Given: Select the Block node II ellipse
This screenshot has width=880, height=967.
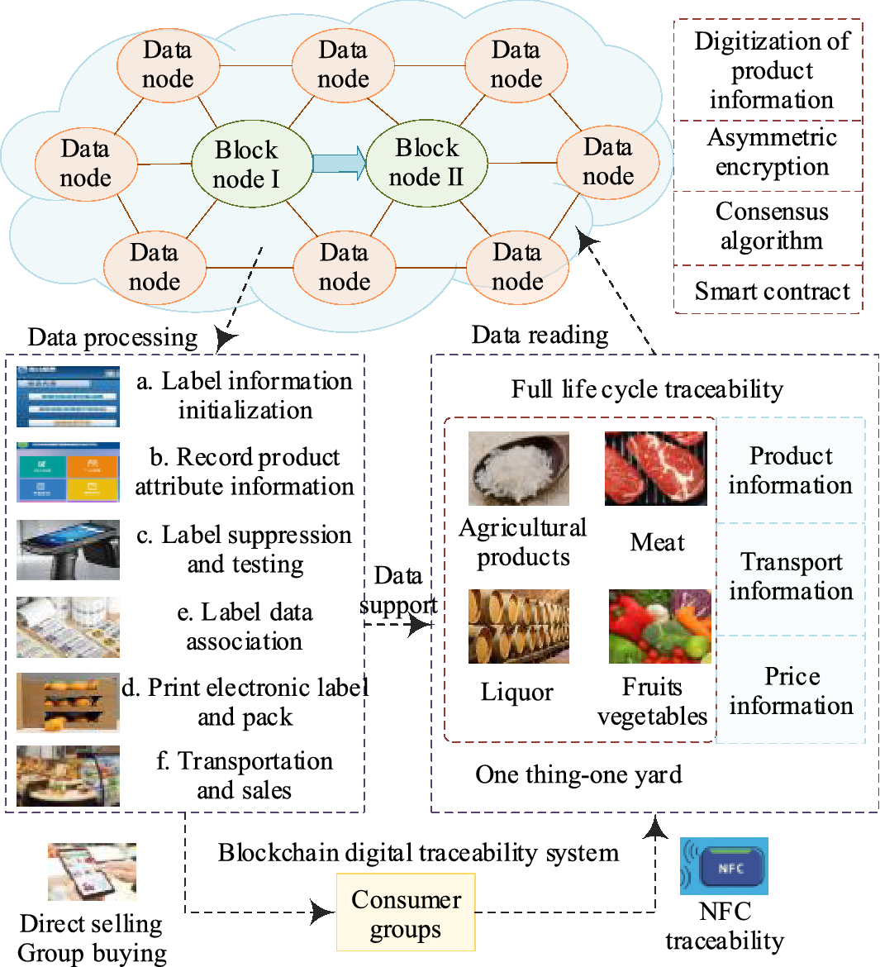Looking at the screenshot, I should coord(426,162).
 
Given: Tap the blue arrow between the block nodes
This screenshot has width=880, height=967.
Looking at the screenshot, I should coord(339,161).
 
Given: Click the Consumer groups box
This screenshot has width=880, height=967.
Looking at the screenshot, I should coord(406,912).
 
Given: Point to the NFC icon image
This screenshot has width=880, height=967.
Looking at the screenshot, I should coord(724,866).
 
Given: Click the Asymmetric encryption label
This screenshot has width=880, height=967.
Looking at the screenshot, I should coord(771,152).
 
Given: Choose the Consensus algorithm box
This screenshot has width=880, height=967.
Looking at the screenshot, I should coord(770,226).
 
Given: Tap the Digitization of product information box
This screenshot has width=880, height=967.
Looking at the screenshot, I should coord(770,71).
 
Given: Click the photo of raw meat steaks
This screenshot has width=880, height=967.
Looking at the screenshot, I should coord(656,468).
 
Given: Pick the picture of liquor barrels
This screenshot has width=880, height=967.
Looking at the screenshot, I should coord(518,626).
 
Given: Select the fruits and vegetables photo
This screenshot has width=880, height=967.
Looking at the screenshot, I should coord(659,626).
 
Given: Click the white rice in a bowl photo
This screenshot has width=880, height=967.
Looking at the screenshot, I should coord(518,468).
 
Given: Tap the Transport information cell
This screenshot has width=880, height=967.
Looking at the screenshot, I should coord(791,577).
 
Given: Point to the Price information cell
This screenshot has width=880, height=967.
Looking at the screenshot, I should coord(791,691).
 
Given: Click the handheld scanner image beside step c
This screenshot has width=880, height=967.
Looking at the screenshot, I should coord(68,550).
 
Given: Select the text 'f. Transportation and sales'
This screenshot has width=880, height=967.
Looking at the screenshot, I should coord(245,775).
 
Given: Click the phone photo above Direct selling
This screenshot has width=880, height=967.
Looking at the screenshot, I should coord(92,872).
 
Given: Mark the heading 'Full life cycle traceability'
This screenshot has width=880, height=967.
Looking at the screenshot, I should coord(647,389).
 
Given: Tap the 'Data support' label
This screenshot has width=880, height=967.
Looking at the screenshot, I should coord(398,590).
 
